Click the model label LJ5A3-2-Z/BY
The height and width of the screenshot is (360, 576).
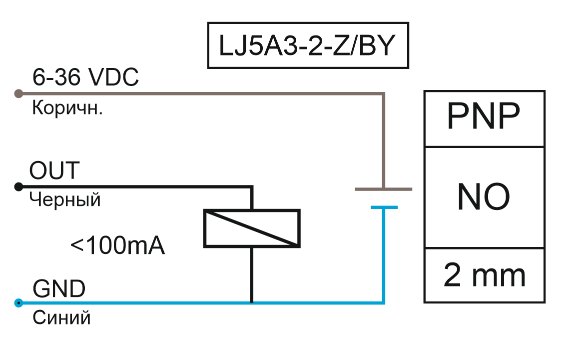click(307, 45)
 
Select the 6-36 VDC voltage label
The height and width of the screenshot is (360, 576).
click(85, 77)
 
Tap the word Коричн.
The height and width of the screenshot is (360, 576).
click(67, 108)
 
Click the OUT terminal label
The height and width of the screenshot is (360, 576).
click(54, 170)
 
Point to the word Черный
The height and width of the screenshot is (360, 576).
click(64, 199)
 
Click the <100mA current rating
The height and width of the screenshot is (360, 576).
click(117, 245)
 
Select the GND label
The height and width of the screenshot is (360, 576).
click(59, 288)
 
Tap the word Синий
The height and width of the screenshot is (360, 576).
click(61, 317)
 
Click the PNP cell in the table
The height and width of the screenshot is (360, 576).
click(484, 119)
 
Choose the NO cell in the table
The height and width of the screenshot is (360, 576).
click(484, 197)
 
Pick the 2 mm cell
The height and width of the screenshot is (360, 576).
click(484, 275)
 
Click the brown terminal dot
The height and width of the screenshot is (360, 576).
click(18, 94)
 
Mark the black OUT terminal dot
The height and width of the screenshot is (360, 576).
click(18, 187)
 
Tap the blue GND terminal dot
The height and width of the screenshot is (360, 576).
click(18, 303)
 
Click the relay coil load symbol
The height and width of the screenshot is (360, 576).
click(252, 228)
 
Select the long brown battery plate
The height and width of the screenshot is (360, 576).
click(384, 189)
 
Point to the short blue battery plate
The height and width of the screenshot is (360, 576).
click(384, 207)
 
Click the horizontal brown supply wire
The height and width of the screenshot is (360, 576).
click(202, 94)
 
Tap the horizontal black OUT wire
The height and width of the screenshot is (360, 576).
click(136, 187)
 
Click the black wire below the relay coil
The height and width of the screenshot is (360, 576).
click(252, 275)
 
